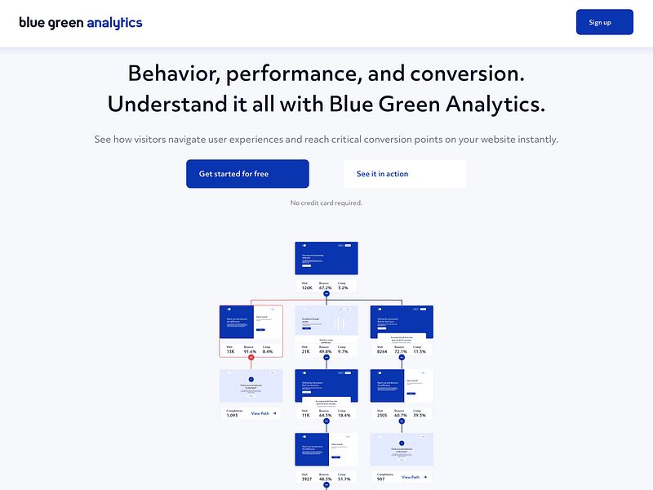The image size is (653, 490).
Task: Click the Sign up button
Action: point(604,22)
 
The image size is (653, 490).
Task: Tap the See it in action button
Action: point(405,174)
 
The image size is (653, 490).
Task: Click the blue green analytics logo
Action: point(81,23)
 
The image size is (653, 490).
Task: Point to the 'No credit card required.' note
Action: point(326,203)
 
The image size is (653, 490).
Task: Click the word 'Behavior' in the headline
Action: point(173,73)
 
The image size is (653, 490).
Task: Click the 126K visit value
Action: point(307,287)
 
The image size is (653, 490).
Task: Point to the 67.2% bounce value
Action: point(325,287)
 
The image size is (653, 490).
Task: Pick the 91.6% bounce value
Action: point(251,351)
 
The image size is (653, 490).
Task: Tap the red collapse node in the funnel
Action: point(251,358)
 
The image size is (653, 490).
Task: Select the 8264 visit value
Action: point(382,351)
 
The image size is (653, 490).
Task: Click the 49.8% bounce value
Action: point(326,351)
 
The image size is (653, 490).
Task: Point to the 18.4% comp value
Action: point(344,415)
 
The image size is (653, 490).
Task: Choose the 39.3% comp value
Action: point(420,415)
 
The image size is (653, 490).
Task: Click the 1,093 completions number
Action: point(233,416)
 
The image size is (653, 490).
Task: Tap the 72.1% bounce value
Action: point(401,351)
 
